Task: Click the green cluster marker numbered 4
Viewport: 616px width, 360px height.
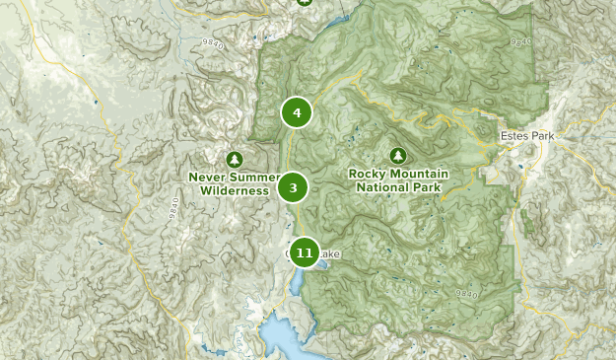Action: (296, 112)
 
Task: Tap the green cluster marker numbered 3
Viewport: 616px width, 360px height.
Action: (294, 186)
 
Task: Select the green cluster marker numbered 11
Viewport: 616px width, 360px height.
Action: (305, 253)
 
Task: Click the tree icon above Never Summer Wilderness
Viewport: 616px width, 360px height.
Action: (234, 158)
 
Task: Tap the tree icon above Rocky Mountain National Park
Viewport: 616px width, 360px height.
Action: (397, 155)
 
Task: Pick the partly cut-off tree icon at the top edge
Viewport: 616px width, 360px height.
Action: (305, 3)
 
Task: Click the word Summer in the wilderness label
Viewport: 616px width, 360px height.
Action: (251, 178)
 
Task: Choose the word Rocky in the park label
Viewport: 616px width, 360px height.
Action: (368, 174)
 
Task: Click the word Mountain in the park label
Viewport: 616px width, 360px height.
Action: (419, 174)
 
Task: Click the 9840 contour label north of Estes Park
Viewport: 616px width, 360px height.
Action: (521, 40)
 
